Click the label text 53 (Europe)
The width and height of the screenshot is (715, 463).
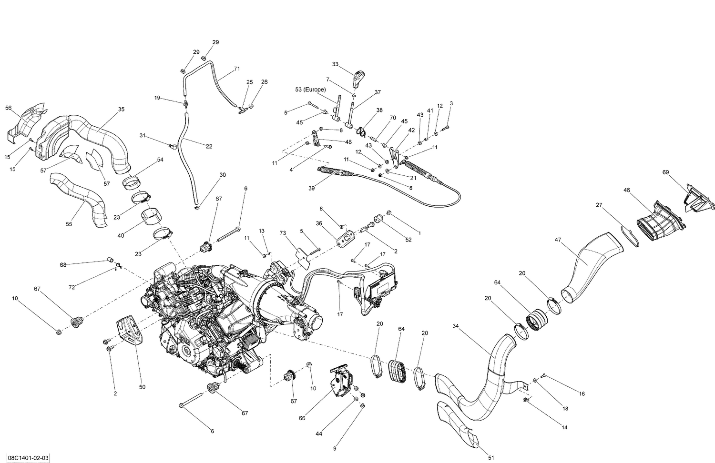[x=310, y=90]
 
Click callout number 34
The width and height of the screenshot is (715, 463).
[x=456, y=326]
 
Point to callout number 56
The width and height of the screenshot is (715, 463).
[x=8, y=108]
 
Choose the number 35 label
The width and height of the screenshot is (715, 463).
[x=121, y=110]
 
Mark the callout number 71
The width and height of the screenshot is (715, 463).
[x=237, y=69]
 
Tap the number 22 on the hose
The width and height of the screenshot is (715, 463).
[x=209, y=146]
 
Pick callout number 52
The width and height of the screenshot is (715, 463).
[x=408, y=240]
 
